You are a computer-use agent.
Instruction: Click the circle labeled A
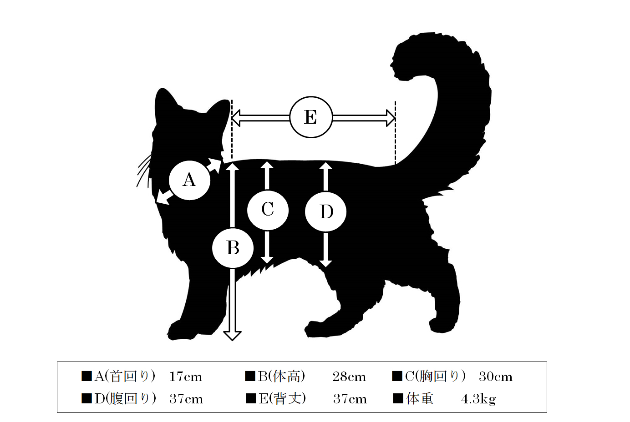(x=189, y=180)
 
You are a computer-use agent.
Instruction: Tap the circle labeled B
(x=233, y=248)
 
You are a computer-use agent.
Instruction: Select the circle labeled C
(x=268, y=210)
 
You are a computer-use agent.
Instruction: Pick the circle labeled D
(x=325, y=212)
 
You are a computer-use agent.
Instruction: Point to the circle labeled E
(x=311, y=117)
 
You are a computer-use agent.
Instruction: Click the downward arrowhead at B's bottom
(x=232, y=336)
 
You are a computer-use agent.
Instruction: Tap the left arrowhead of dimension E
(x=236, y=118)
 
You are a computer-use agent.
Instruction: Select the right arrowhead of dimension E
(x=391, y=118)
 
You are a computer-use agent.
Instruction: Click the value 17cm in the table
(x=186, y=377)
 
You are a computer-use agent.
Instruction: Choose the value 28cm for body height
(x=349, y=377)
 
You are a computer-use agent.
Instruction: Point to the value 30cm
(x=496, y=377)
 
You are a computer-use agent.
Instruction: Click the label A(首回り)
(x=125, y=377)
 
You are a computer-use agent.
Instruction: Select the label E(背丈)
(x=282, y=399)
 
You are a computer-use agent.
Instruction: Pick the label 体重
(x=420, y=399)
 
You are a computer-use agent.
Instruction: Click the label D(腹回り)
(x=125, y=399)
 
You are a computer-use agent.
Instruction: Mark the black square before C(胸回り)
(x=397, y=376)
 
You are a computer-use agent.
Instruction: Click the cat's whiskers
(x=144, y=171)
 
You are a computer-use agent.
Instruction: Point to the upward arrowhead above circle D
(x=325, y=166)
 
